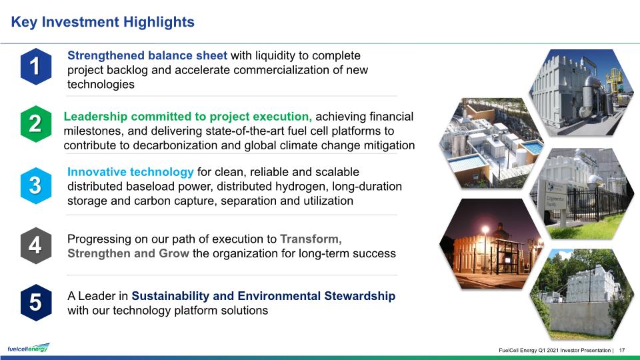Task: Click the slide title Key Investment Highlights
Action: [x=103, y=22]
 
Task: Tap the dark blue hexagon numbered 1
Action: [x=36, y=67]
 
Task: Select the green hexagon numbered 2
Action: [x=36, y=124]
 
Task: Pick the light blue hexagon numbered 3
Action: [x=36, y=185]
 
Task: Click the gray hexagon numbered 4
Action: [x=36, y=245]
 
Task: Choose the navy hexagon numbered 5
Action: [x=36, y=303]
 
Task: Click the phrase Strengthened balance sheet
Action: [x=147, y=55]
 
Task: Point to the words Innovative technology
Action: [x=130, y=172]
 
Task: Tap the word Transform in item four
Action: [x=309, y=239]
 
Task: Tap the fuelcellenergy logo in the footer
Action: [x=28, y=348]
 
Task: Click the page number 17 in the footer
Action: [x=622, y=350]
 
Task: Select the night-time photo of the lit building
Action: [x=491, y=244]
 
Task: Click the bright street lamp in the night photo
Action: [x=485, y=230]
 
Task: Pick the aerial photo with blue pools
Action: [x=491, y=143]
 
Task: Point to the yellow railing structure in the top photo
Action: [x=613, y=80]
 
